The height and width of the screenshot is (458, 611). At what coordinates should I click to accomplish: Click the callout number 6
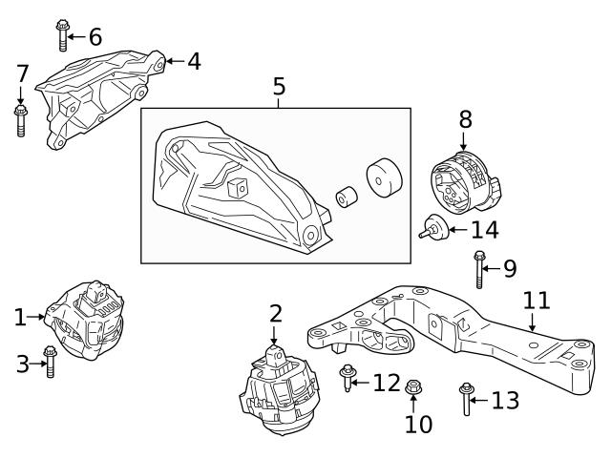95,37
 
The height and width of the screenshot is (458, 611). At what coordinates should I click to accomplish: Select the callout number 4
194,62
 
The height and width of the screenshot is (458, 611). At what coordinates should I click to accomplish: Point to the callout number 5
279,87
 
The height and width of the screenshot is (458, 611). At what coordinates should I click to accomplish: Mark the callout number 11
537,302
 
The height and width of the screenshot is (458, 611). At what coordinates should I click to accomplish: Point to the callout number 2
275,313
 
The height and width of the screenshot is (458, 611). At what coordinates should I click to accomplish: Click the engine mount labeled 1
88,322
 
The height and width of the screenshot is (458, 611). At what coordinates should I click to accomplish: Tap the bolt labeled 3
51,362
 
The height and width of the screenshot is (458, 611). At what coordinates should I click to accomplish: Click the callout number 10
418,423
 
